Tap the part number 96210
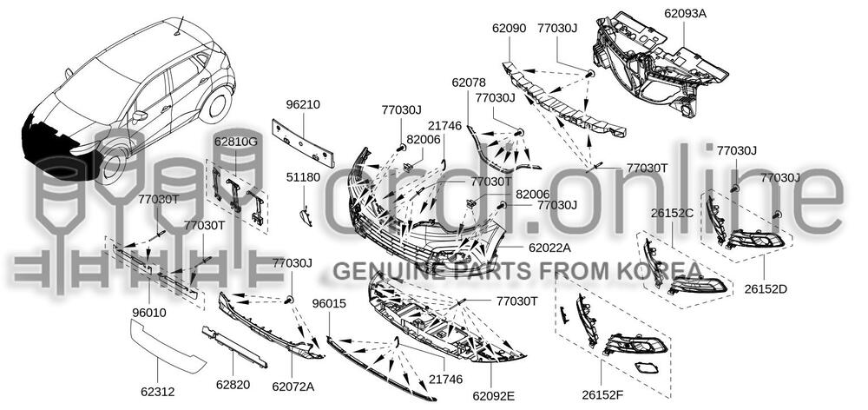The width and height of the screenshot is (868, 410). pyautogui.click(x=303, y=105)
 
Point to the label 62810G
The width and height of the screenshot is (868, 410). pyautogui.click(x=236, y=141)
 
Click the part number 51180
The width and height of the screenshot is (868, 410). pyautogui.click(x=303, y=177)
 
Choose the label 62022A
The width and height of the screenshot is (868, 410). pyautogui.click(x=549, y=248)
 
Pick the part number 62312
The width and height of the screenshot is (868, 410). pyautogui.click(x=157, y=392)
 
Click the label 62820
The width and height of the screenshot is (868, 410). pyautogui.click(x=233, y=385)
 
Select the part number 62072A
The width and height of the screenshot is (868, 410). pyautogui.click(x=293, y=387)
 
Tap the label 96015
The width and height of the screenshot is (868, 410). pyautogui.click(x=329, y=303)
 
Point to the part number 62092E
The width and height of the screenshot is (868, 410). pyautogui.click(x=493, y=395)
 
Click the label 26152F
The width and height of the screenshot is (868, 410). pyautogui.click(x=602, y=395)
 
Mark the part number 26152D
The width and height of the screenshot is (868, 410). pyautogui.click(x=766, y=288)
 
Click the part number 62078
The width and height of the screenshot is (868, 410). pyautogui.click(x=469, y=83)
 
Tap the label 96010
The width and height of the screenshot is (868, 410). pyautogui.click(x=149, y=313)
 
